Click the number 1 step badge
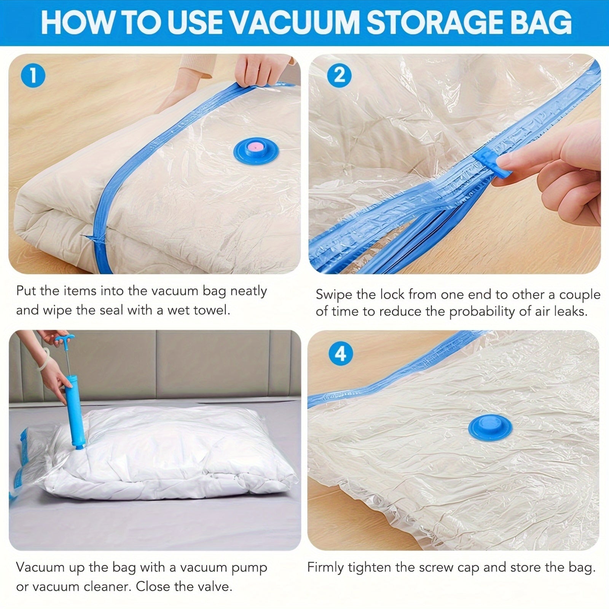pos(33,75)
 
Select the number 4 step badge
pos(340,354)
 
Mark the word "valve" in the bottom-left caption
pos(214,587)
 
